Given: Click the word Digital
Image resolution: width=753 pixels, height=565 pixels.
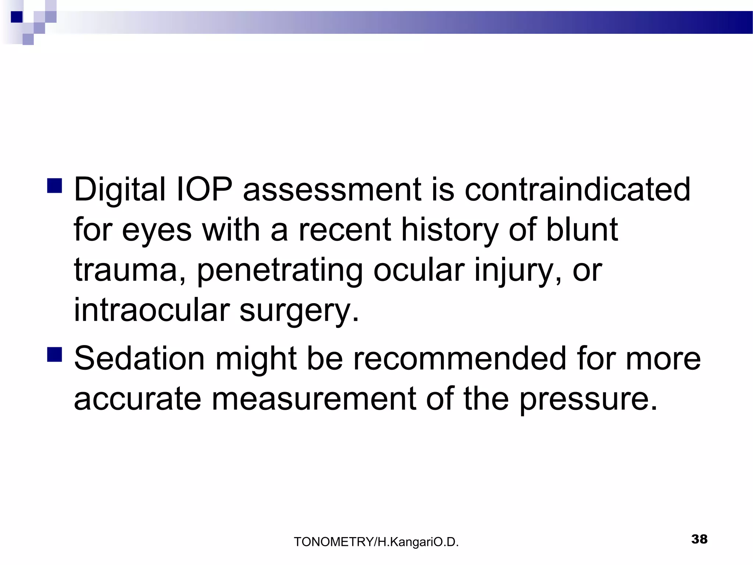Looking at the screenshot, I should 120,190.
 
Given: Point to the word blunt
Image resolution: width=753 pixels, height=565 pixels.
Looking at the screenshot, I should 582,230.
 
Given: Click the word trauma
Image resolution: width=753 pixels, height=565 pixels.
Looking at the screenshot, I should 125,270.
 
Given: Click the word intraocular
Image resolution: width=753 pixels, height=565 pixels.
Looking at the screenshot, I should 152,310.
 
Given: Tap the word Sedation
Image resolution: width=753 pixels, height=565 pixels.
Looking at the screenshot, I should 139,358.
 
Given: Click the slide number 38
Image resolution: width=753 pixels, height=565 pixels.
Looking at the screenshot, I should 699,539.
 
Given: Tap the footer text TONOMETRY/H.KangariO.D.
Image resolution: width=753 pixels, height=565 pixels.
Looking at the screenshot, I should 376,542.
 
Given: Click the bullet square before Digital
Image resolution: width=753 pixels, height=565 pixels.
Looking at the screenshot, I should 54,186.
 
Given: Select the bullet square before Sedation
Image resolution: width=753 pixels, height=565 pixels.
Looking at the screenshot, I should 54,355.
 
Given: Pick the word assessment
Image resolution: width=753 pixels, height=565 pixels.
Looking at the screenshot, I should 332,190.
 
